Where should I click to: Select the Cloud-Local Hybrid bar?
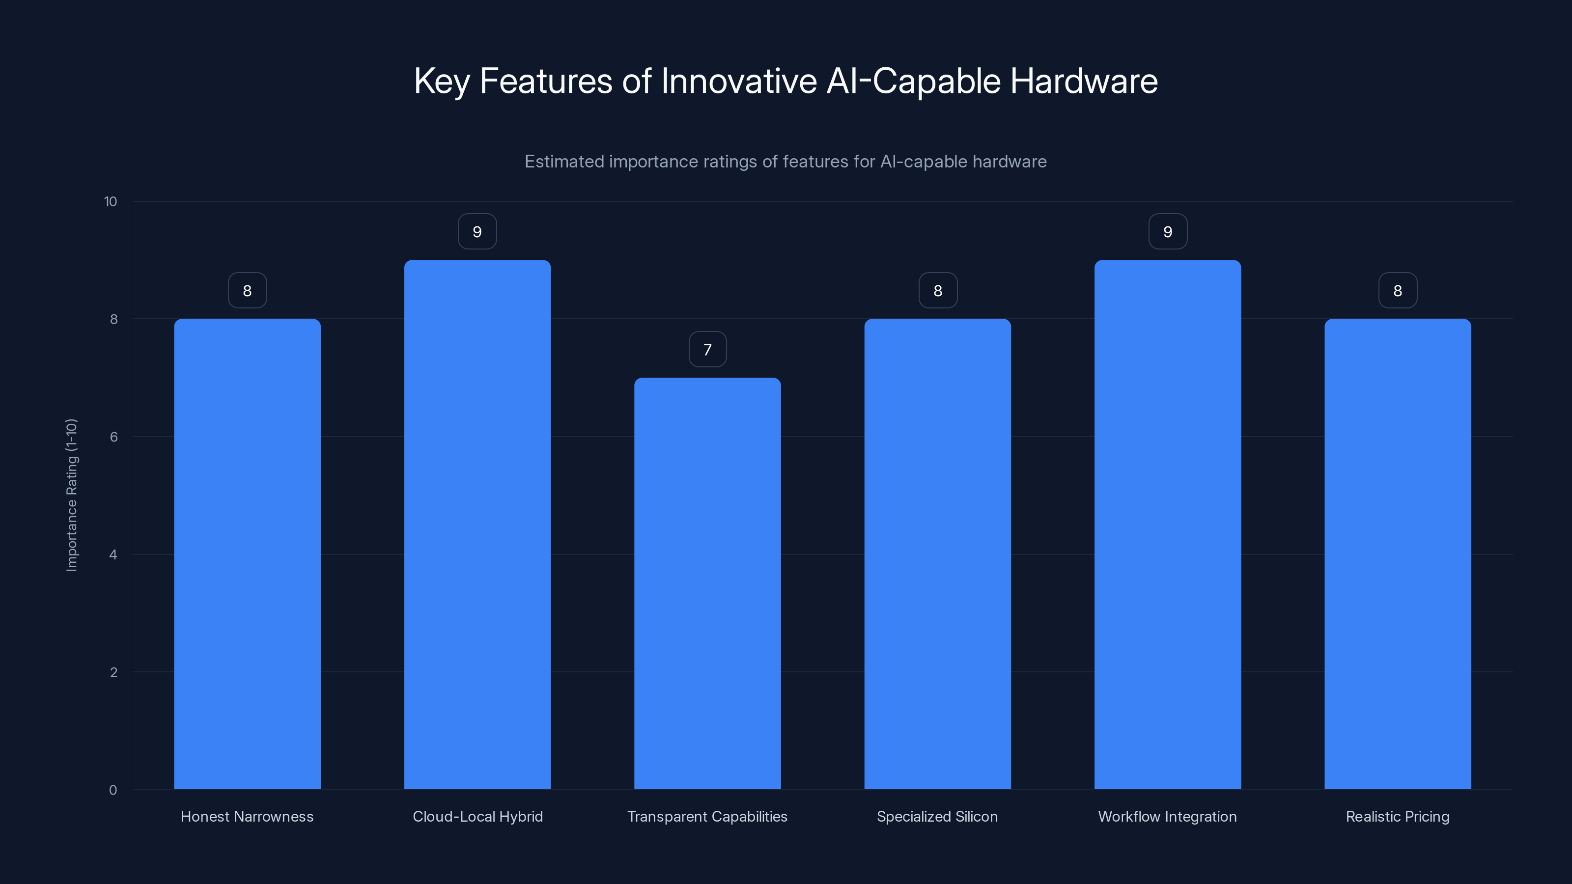pyautogui.click(x=477, y=525)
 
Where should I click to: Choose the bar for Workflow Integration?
pyautogui.click(x=1167, y=525)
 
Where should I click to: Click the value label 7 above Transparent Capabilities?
pyautogui.click(x=707, y=350)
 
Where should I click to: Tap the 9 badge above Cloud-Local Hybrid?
pyautogui.click(x=477, y=232)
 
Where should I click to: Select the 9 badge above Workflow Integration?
pyautogui.click(x=1167, y=232)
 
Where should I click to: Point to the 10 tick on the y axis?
pyautogui.click(x=111, y=202)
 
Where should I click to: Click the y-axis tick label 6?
pyautogui.click(x=113, y=437)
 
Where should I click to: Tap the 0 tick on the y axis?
pyautogui.click(x=113, y=790)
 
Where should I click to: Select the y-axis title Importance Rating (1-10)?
pyautogui.click(x=71, y=495)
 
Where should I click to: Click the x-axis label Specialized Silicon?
pyautogui.click(x=937, y=816)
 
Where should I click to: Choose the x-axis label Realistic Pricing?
pyautogui.click(x=1398, y=816)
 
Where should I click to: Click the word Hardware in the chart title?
pyautogui.click(x=1084, y=81)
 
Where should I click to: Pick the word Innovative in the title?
pyautogui.click(x=739, y=81)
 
